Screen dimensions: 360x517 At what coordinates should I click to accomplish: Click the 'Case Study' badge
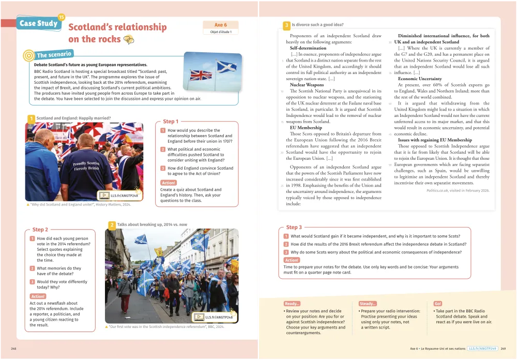(39, 23)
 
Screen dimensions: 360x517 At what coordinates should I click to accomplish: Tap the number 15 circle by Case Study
(62, 17)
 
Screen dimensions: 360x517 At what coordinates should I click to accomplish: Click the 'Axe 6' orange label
(221, 25)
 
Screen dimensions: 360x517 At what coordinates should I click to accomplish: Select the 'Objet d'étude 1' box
(221, 32)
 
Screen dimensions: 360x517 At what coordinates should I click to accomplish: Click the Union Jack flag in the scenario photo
(201, 75)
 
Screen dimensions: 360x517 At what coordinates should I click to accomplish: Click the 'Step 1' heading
(171, 122)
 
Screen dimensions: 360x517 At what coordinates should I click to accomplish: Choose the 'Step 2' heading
(40, 230)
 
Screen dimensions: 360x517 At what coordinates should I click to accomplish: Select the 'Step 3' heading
(294, 227)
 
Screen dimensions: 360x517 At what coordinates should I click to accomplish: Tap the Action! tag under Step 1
(169, 183)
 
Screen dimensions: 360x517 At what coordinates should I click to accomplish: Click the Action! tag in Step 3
(292, 260)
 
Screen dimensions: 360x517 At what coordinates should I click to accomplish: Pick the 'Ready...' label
(292, 304)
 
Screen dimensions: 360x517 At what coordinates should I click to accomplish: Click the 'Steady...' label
(368, 304)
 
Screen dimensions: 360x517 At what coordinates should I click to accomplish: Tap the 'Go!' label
(438, 304)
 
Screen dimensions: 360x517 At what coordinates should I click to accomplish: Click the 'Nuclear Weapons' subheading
(307, 84)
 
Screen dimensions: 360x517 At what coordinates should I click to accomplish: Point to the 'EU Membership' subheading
(306, 127)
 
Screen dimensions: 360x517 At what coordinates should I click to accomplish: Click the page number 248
(13, 349)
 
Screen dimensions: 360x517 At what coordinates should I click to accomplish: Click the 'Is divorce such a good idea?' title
(317, 24)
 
